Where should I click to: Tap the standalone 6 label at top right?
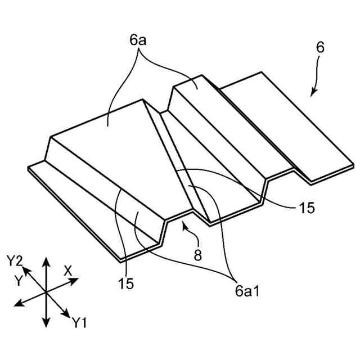pyautogui.click(x=319, y=48)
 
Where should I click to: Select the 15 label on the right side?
pyautogui.click(x=307, y=208)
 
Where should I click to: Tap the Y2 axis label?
pyautogui.click(x=15, y=260)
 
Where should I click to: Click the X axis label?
pyautogui.click(x=68, y=271)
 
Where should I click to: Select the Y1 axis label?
pyautogui.click(x=79, y=322)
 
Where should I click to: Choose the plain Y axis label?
pyautogui.click(x=19, y=280)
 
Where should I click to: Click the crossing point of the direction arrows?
pyautogui.click(x=46, y=292)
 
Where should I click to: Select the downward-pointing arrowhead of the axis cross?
pyautogui.click(x=46, y=324)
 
